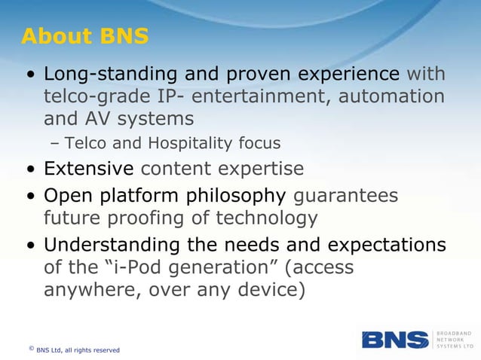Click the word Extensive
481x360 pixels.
click(88, 169)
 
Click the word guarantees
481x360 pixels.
click(345, 197)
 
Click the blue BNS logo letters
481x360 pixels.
click(395, 340)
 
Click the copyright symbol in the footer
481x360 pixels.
click(31, 348)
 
